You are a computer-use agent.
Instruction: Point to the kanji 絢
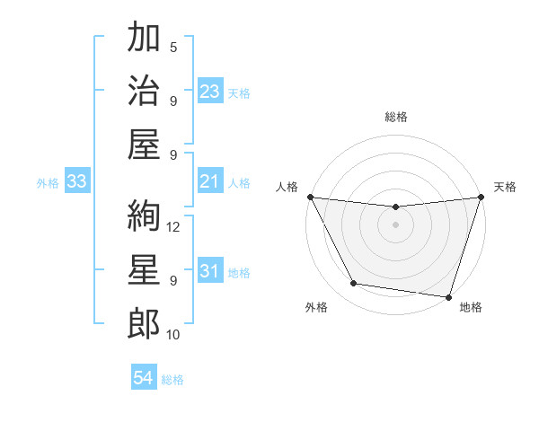143,217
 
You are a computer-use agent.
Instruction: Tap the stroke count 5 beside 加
173,48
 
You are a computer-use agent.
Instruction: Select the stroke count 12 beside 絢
174,227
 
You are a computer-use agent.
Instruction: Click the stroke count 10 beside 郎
174,334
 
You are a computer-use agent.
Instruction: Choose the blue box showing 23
210,92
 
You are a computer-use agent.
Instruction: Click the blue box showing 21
210,182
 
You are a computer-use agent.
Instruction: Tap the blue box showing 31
210,271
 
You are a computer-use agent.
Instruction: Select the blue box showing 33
76,182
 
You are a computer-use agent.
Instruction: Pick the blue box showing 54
144,378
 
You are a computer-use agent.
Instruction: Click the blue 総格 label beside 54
172,380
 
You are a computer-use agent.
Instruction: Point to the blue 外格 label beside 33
48,183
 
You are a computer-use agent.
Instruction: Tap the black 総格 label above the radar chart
395,117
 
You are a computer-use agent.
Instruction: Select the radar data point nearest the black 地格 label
447,296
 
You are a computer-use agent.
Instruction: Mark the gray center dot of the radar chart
395,224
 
